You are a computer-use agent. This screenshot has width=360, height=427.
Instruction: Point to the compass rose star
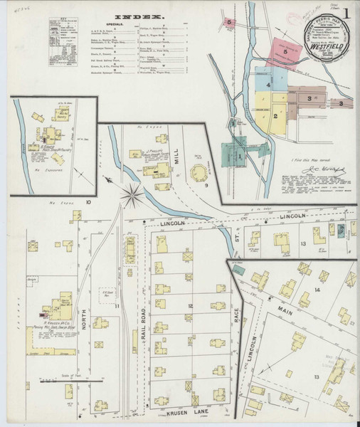[132, 192]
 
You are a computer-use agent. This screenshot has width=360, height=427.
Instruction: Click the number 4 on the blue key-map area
[269, 85]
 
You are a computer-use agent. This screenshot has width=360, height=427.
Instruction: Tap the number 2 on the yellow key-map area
[274, 115]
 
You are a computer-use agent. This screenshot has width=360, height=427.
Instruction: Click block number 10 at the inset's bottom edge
[88, 202]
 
